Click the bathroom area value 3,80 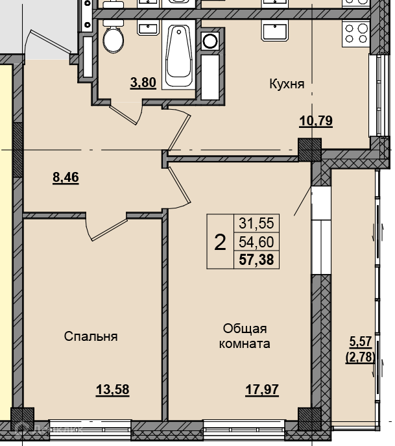143,82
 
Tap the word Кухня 287,84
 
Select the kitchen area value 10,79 316,121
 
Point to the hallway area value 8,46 66,177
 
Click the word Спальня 91,336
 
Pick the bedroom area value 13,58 112,390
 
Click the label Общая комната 245,336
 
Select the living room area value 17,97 262,390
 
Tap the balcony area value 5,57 361,341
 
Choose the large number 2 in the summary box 220,242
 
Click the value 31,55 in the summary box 256,223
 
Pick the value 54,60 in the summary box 256,242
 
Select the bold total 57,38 256,260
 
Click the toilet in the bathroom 113,37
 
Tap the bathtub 178,56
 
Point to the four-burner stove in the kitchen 356,33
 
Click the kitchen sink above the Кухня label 275,32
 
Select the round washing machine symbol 210,41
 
